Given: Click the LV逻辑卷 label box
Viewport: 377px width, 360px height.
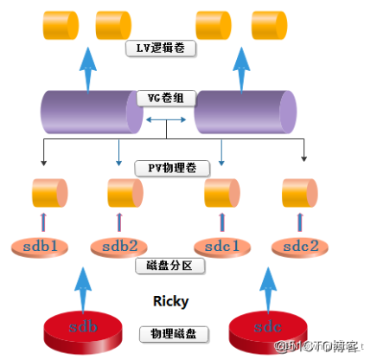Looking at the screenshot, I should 162,48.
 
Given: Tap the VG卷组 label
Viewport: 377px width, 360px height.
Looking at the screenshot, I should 162,97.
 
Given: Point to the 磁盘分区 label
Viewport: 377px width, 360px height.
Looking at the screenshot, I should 170,265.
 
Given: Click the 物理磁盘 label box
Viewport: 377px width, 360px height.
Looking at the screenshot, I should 170,333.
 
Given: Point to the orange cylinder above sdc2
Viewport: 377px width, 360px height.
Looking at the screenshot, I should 300,191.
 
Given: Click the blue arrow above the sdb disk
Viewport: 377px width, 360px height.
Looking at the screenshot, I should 82,286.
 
